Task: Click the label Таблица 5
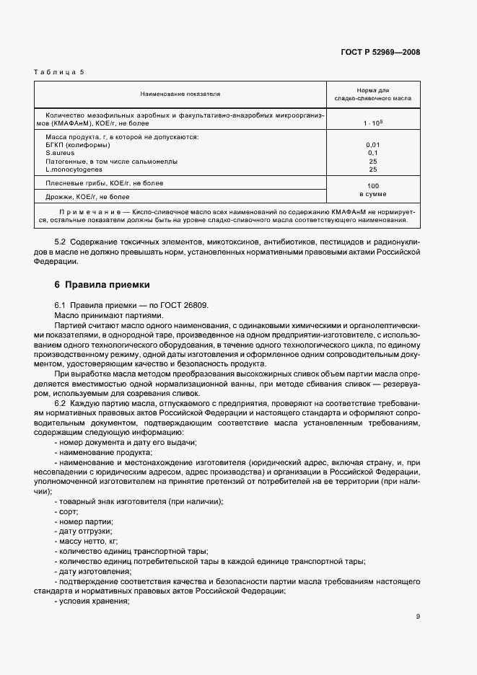tap(60, 72)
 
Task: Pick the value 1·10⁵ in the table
tap(373, 123)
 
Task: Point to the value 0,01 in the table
tap(373, 145)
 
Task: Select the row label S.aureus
tap(60, 153)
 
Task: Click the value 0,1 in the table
tap(373, 153)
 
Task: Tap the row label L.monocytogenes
tap(73, 169)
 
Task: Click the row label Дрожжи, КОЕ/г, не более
tap(87, 196)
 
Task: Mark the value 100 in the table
tap(373, 185)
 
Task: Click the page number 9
tap(418, 616)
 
